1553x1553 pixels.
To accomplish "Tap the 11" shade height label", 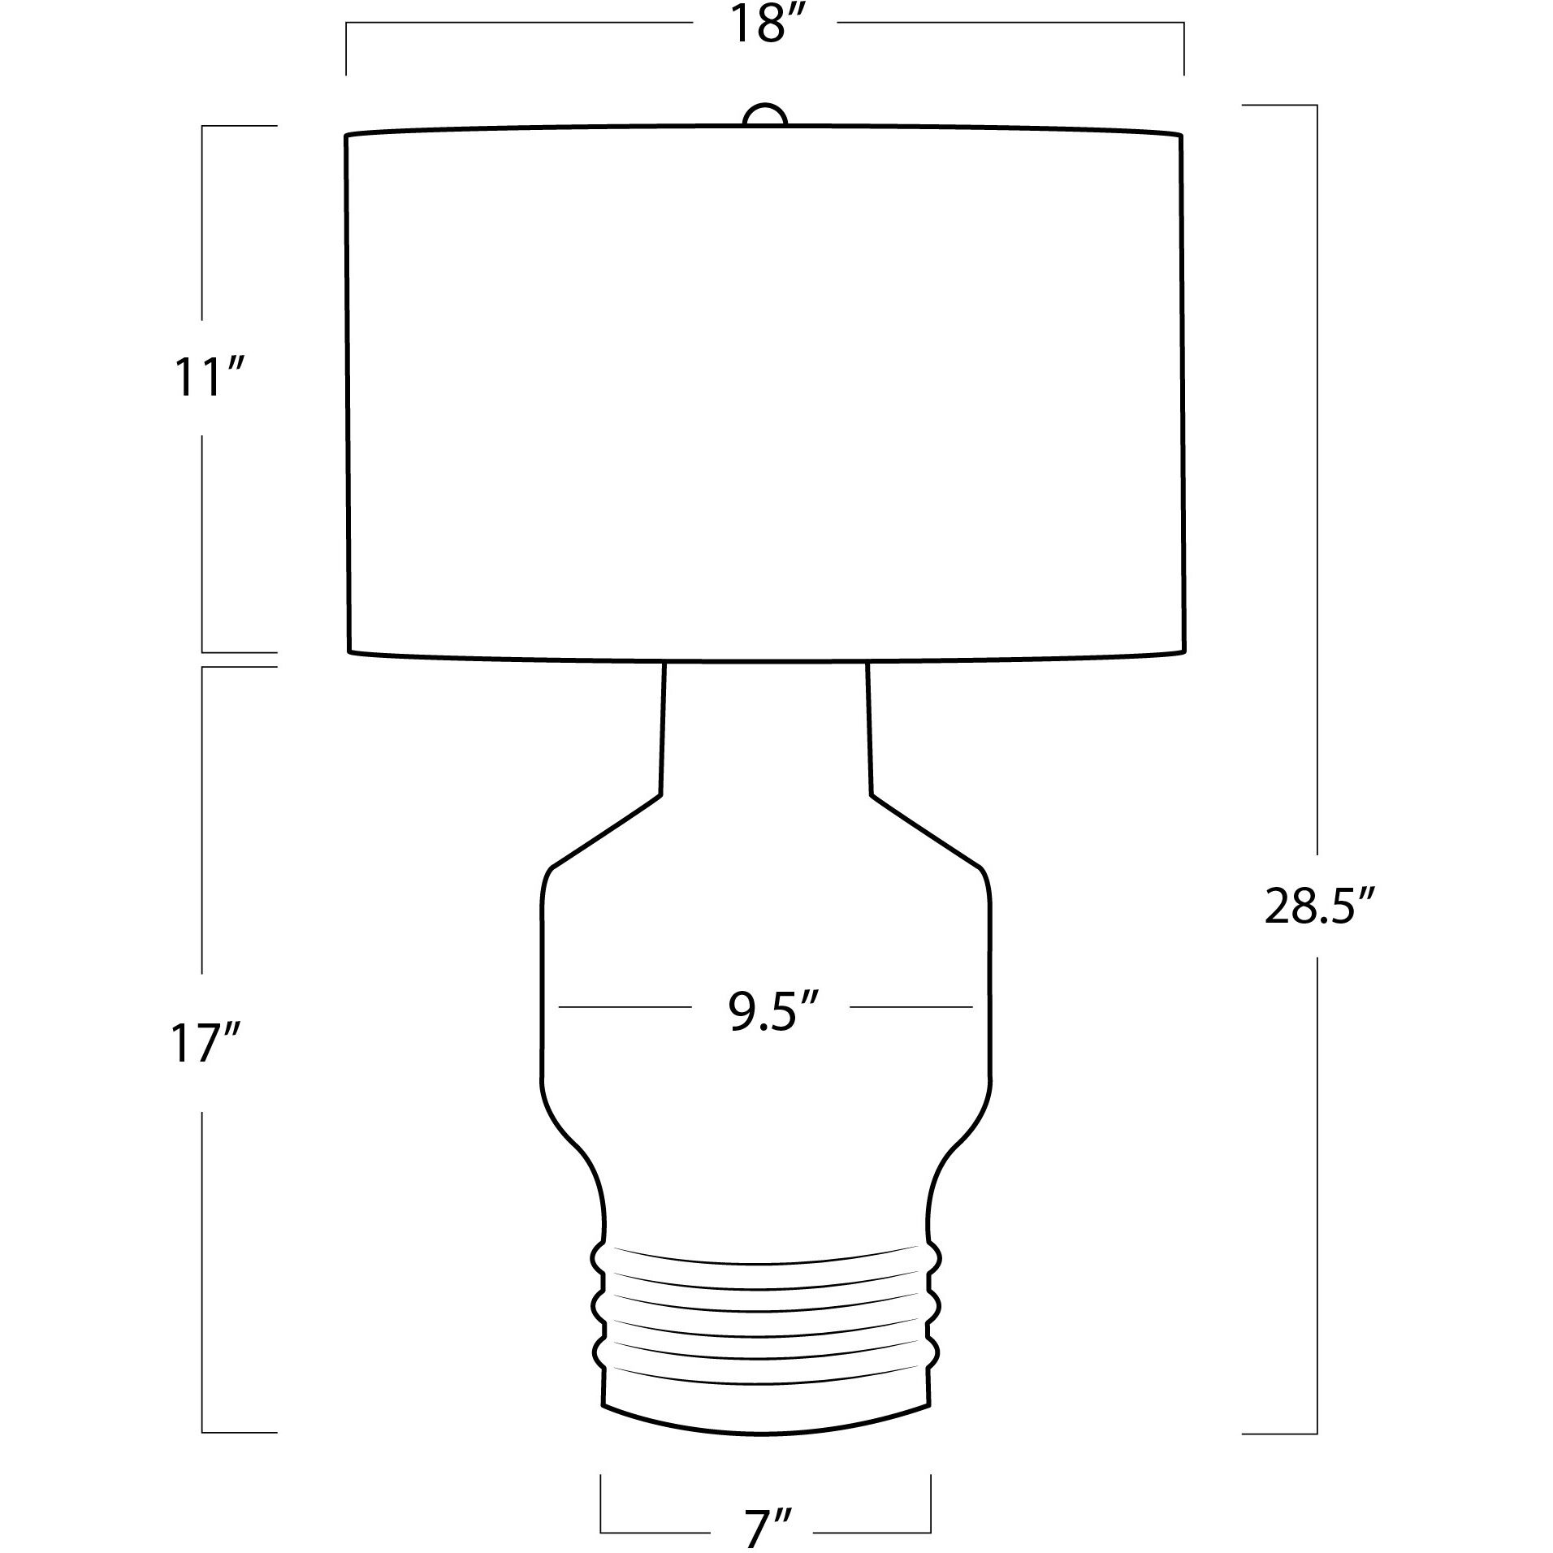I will (x=208, y=379).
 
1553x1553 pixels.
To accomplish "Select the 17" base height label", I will (x=208, y=1043).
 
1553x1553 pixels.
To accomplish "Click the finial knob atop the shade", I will (x=765, y=115).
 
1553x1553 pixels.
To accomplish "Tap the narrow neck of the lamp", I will (x=765, y=731).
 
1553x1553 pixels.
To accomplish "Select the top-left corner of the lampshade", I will (x=348, y=136).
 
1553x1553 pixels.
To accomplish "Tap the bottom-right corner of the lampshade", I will (x=1183, y=651).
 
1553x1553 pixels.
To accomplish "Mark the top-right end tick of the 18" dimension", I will (x=1183, y=49).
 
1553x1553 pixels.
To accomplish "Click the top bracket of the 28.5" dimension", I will (x=1279, y=106).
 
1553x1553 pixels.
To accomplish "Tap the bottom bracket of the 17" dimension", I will (x=240, y=1432).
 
